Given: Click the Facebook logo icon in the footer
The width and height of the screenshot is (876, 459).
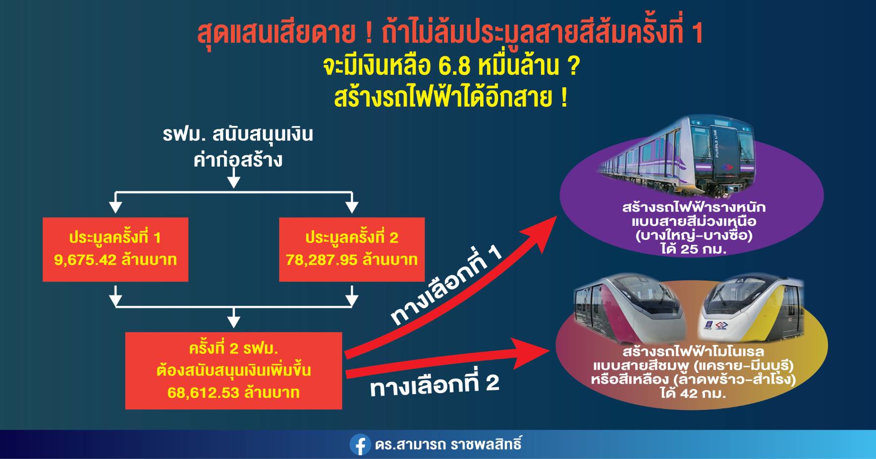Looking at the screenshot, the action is point(360,445).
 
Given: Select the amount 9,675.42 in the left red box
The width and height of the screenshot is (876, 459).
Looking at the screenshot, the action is point(85,260).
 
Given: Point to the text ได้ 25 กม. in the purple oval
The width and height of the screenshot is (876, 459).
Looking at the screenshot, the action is point(693,249).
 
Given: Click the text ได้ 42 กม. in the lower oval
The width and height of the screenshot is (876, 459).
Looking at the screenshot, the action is point(693,394).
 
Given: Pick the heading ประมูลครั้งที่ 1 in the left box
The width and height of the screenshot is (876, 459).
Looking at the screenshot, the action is point(115,238).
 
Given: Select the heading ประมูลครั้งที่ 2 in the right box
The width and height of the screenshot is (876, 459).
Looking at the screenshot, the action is point(352,238).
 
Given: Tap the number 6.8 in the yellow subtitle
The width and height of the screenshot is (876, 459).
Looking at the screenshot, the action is point(454,65).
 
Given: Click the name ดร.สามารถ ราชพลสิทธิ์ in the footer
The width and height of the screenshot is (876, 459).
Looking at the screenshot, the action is point(448,444).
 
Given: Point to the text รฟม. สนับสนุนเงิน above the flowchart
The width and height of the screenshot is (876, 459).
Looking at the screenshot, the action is point(238,134).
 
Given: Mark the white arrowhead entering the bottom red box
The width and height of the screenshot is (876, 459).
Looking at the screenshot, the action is point(233,322).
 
